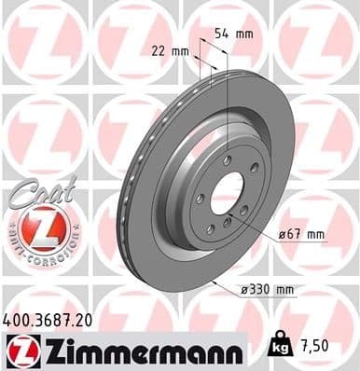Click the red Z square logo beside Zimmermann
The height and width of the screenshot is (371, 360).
click(21, 350)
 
